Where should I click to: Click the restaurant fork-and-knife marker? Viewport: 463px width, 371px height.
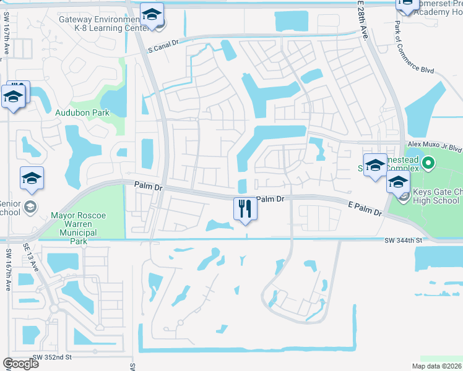click(x=246, y=208)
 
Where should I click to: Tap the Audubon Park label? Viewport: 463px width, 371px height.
click(x=91, y=113)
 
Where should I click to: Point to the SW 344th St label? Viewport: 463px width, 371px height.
click(x=402, y=240)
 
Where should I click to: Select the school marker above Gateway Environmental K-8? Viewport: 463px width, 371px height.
click(x=152, y=14)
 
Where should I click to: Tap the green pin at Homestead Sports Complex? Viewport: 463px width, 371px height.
click(x=427, y=164)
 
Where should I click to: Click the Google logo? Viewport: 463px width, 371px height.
click(x=21, y=363)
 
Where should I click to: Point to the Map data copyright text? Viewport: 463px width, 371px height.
click(x=436, y=366)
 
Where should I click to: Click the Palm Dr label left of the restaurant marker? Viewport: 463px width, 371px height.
click(x=147, y=185)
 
